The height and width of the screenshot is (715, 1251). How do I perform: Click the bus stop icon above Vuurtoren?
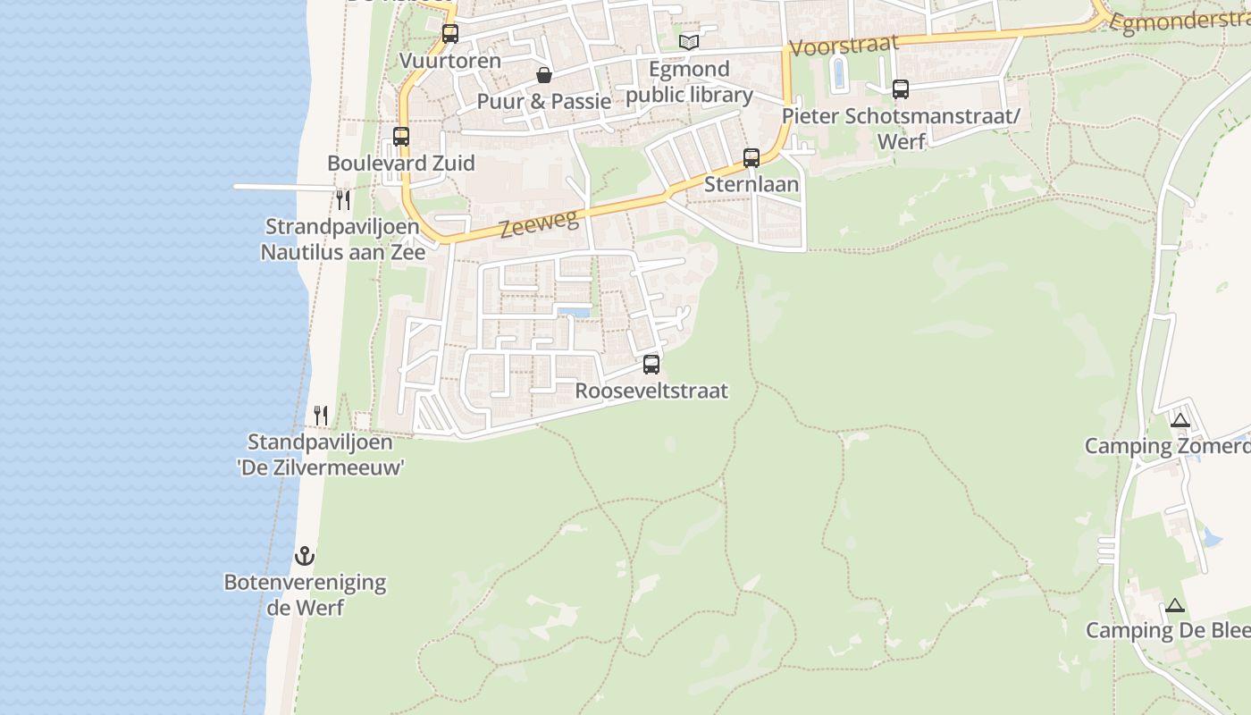coord(450,34)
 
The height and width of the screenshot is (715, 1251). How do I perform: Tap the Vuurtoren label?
coord(450,61)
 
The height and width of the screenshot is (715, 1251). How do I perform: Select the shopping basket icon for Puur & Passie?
coord(543,75)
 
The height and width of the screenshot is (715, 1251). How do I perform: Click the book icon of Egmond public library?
coord(688,42)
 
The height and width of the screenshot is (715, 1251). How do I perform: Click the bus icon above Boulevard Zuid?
coord(401,137)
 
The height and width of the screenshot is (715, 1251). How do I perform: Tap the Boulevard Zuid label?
coord(401,164)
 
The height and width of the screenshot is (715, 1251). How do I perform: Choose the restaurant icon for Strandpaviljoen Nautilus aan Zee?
coord(343,199)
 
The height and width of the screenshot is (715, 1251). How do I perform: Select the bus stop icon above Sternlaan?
coord(751,158)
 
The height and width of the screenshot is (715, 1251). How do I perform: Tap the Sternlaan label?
coord(751,185)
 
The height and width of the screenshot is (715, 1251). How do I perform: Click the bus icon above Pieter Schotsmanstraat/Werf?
coord(900,89)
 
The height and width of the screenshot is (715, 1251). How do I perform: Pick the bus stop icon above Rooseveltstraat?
coord(651,365)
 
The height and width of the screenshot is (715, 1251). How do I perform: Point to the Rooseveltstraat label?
coord(651,391)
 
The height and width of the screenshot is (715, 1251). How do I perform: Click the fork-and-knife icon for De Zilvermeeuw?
coord(321,416)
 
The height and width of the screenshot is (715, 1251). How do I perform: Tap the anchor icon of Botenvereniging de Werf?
coord(305,556)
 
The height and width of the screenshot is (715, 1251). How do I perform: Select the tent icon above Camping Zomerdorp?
coord(1180,420)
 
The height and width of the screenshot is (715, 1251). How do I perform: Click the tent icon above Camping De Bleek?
coord(1174,605)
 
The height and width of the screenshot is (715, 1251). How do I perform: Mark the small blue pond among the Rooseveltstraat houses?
coord(574,313)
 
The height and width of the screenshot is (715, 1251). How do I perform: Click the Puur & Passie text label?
coord(543,101)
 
